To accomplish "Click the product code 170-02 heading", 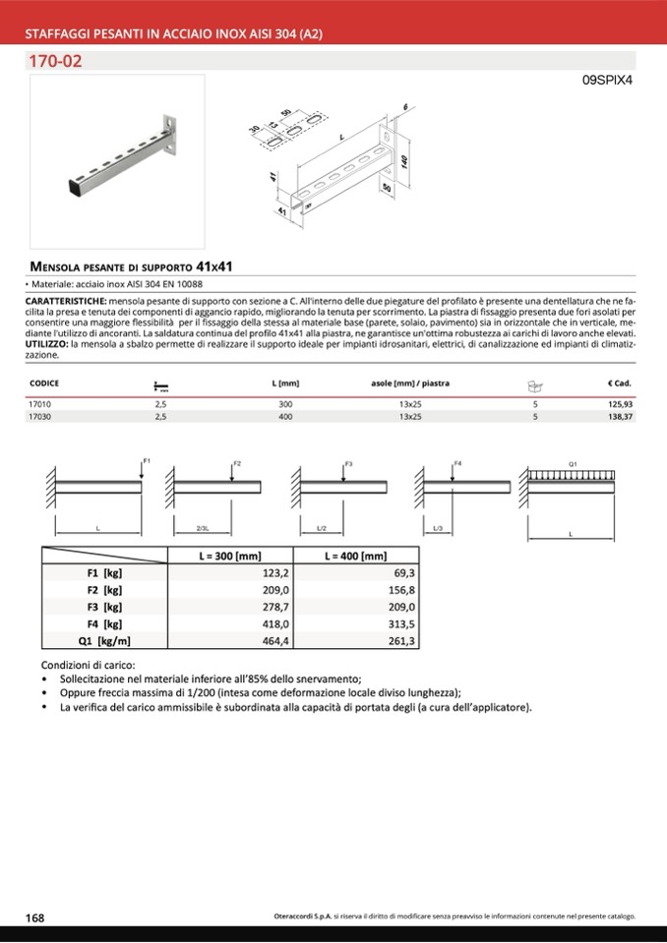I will tap(56, 62).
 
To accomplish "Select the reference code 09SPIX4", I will tap(605, 82).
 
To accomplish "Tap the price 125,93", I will tap(618, 403).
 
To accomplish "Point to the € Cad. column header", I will tap(619, 383).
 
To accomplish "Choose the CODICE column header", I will tap(45, 383).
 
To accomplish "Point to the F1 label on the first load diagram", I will tap(147, 460).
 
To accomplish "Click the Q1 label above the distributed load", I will tap(573, 462).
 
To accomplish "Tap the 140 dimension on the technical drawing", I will tap(404, 159).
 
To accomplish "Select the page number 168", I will tap(34, 916).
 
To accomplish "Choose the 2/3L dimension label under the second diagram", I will tap(203, 529).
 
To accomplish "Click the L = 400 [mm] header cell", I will tap(355, 556).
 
